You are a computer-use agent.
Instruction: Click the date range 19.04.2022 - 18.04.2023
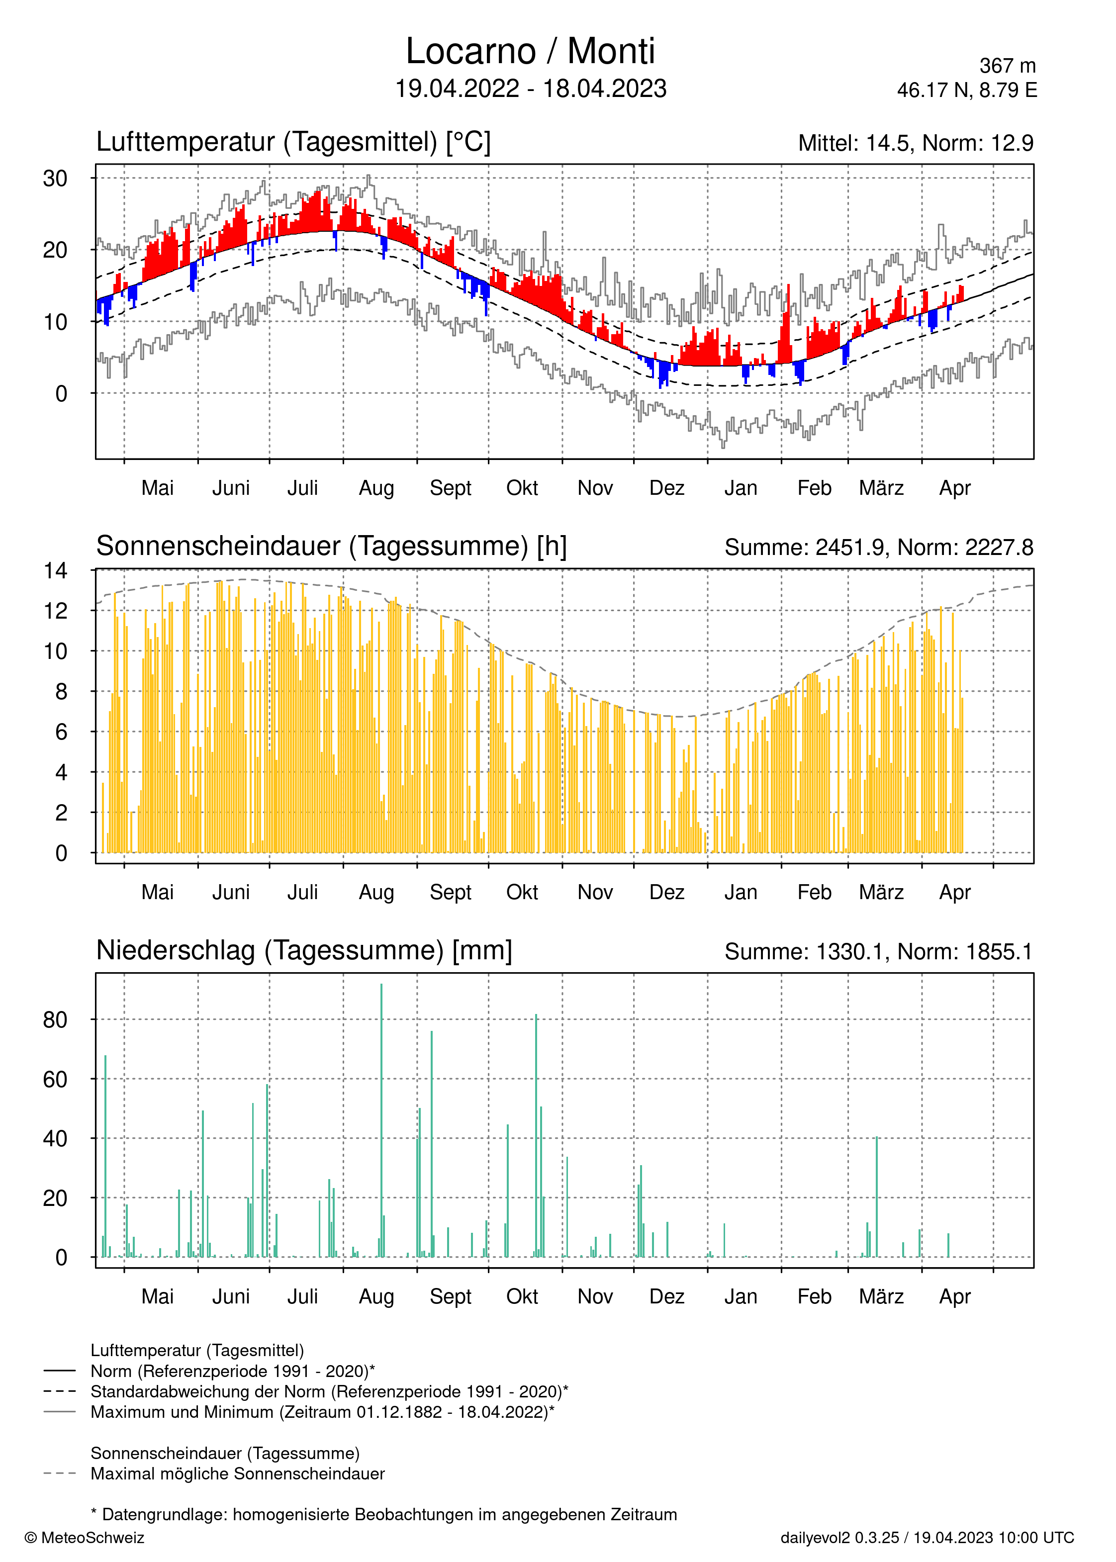(x=531, y=89)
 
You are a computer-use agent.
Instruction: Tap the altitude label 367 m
(x=1008, y=66)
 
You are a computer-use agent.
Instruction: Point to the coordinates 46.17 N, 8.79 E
(x=967, y=90)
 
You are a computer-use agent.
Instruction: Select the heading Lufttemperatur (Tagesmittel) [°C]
(x=293, y=142)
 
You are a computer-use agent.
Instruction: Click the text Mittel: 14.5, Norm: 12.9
(x=916, y=143)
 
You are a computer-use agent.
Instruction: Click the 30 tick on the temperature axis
(x=55, y=179)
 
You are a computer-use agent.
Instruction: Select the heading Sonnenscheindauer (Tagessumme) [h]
(x=331, y=547)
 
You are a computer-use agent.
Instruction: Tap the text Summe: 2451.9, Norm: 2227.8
(x=879, y=548)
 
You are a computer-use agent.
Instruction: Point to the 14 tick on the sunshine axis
(x=55, y=570)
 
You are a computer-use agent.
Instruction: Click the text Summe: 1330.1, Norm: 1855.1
(x=879, y=952)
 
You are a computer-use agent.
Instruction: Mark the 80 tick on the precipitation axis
(x=55, y=1020)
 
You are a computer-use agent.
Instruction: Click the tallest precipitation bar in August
(x=381, y=1120)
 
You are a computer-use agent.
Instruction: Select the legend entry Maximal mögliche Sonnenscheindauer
(x=238, y=1474)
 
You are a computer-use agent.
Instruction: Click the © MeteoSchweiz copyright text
(x=85, y=1538)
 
